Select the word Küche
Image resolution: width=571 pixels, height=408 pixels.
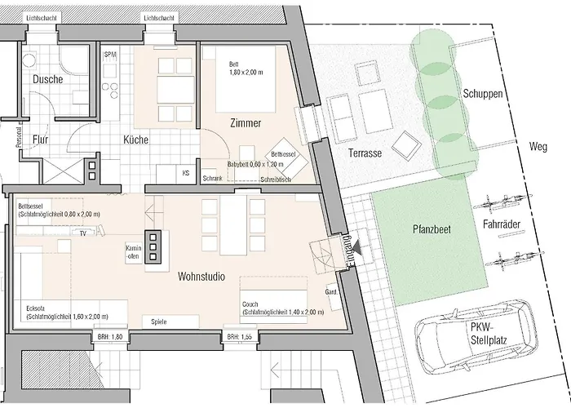pos(135,140)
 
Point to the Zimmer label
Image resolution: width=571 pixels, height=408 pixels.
pos(245,124)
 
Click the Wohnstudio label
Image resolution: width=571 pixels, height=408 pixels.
pos(203,277)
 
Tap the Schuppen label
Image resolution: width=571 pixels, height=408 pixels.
pos(481,95)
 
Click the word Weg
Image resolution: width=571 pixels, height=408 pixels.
pos(538,147)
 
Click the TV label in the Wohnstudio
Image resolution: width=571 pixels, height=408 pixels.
pos(82,233)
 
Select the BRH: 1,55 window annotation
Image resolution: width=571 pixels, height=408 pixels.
pos(239,336)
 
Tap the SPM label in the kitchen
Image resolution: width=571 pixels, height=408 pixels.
pos(111,54)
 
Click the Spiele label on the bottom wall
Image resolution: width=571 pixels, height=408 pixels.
pos(158,322)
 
